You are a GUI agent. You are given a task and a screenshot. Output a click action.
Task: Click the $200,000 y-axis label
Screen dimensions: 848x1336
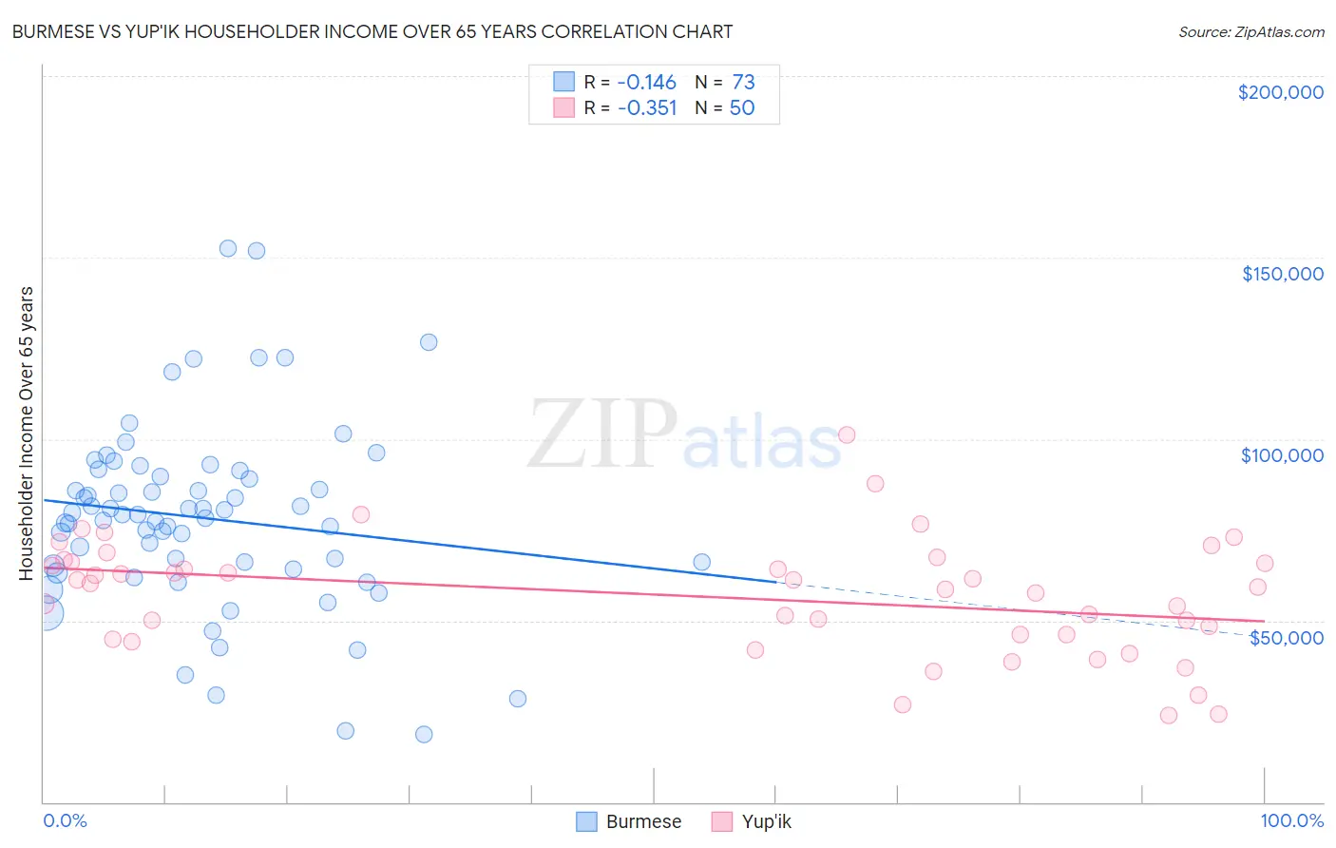click(1280, 92)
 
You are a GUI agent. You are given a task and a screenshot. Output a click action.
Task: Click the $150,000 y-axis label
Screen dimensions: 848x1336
click(1282, 274)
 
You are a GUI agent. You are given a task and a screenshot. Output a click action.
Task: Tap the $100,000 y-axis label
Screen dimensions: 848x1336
click(1282, 455)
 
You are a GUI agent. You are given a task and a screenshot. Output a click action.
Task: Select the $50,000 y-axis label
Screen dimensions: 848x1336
click(1286, 637)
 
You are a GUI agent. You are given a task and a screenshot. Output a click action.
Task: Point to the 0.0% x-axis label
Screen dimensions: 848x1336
click(65, 820)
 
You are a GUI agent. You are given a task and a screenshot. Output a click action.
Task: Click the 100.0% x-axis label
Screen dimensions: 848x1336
click(1291, 820)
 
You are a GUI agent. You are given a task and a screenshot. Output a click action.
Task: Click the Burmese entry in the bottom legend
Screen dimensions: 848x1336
click(643, 821)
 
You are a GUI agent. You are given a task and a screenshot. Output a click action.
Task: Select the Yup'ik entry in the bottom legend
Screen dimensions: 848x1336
click(766, 821)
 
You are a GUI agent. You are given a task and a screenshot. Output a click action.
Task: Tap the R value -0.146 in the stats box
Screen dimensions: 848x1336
click(646, 82)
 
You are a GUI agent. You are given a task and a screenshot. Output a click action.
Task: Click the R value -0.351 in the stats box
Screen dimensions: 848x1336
click(646, 107)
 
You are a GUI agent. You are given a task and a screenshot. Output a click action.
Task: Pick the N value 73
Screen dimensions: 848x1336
click(743, 82)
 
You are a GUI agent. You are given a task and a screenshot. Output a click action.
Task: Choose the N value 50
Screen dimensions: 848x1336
click(742, 107)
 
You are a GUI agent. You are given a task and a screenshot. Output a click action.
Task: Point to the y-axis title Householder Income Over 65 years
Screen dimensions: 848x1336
click(26, 433)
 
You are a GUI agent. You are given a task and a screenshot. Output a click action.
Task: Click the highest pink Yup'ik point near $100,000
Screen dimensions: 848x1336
click(847, 434)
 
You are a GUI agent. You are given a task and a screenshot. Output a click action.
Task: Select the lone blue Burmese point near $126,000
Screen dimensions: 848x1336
click(429, 342)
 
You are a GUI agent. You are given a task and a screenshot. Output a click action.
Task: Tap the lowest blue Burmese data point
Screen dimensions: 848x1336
click(424, 734)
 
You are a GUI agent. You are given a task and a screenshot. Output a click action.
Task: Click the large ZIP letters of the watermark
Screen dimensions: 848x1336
click(601, 434)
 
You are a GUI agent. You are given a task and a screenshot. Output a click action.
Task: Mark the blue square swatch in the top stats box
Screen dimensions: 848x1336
click(564, 82)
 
